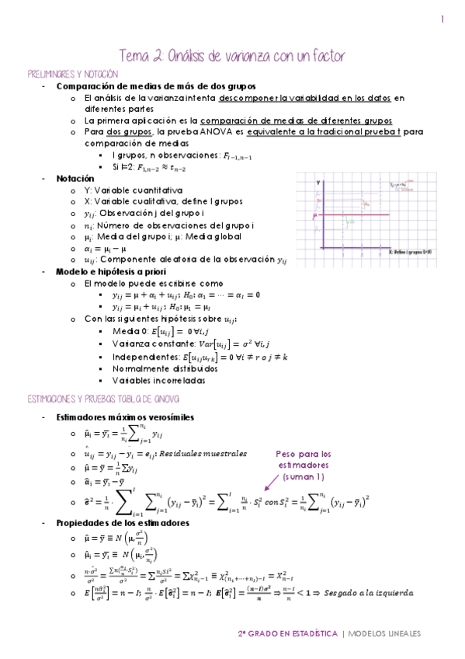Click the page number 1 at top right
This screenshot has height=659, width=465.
pos(442,20)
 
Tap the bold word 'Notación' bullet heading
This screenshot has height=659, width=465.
pos(78,178)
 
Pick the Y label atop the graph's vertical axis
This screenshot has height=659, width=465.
pos(318,182)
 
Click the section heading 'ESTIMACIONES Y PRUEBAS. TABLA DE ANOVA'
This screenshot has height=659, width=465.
pos(103,399)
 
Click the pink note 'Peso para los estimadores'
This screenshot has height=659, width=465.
pos(304,459)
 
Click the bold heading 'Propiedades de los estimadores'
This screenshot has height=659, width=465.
pos(123,523)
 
